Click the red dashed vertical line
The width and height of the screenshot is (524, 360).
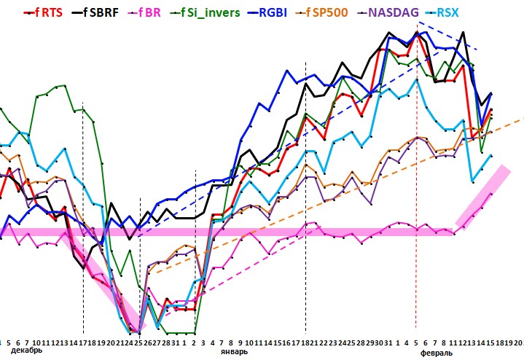click(416, 219)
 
